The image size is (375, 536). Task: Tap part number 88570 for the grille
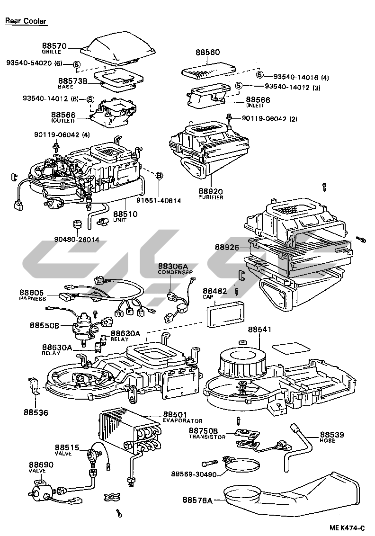click(54, 46)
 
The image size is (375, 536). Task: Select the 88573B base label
click(73, 81)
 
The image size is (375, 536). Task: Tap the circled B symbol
click(160, 176)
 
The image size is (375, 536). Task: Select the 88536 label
click(36, 412)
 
